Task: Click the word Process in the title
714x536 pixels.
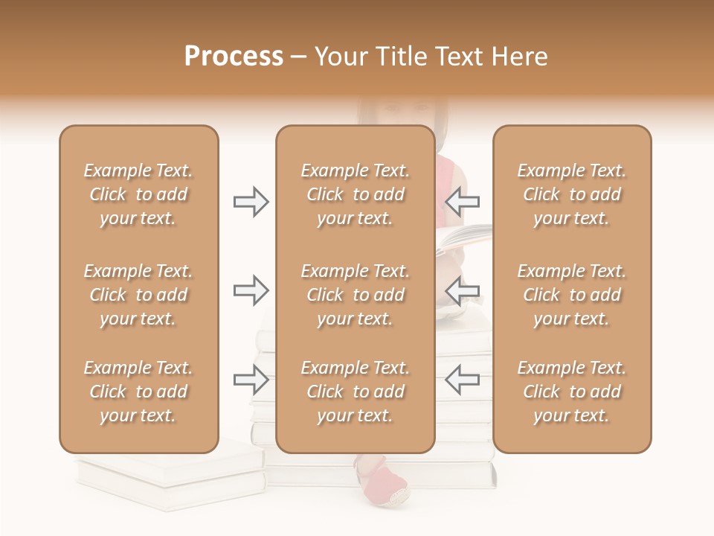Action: coord(234,57)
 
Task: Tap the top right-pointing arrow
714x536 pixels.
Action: coord(251,202)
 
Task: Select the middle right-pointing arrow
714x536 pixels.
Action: coord(251,290)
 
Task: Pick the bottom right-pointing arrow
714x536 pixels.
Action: coord(251,380)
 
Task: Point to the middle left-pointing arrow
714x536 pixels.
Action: coord(462,290)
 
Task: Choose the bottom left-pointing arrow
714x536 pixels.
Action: coord(462,380)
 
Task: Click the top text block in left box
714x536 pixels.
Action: coord(138,194)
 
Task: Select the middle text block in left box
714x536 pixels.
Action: coord(138,295)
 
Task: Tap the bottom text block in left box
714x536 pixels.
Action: coord(138,392)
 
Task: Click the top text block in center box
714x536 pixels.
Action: coord(355,194)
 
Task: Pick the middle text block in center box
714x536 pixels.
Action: coord(355,295)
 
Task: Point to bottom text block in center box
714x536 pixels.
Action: coord(355,392)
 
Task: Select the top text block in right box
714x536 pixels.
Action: coord(571,194)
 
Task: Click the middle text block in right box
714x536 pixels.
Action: coord(571,295)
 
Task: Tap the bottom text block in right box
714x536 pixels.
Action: coord(571,392)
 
